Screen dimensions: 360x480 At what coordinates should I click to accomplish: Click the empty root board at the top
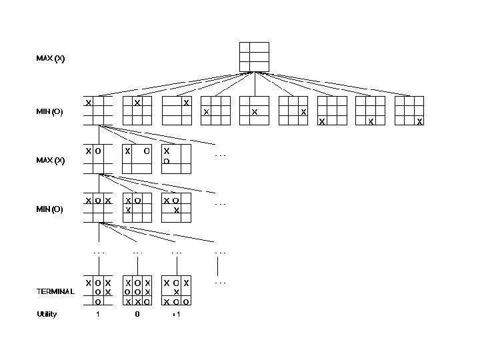254,57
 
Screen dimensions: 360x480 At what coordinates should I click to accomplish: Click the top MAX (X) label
51,59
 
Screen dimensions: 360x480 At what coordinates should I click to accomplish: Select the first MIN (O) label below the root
50,112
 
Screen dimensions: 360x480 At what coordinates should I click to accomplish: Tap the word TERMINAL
55,291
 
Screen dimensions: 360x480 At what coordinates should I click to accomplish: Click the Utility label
47,314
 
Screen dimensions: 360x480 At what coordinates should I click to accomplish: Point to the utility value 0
137,314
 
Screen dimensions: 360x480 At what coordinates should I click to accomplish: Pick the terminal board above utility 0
137,292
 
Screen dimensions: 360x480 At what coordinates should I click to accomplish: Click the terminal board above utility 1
98,292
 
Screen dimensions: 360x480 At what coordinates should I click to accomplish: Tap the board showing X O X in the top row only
98,208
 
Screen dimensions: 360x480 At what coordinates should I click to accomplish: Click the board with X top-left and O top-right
137,159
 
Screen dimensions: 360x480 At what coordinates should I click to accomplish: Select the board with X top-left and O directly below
177,159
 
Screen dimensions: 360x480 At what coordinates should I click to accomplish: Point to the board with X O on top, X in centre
177,208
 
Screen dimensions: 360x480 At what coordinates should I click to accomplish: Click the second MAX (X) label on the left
51,161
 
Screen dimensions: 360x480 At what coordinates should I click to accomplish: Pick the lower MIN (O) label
50,209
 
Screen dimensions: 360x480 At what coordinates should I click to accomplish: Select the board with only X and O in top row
98,159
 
